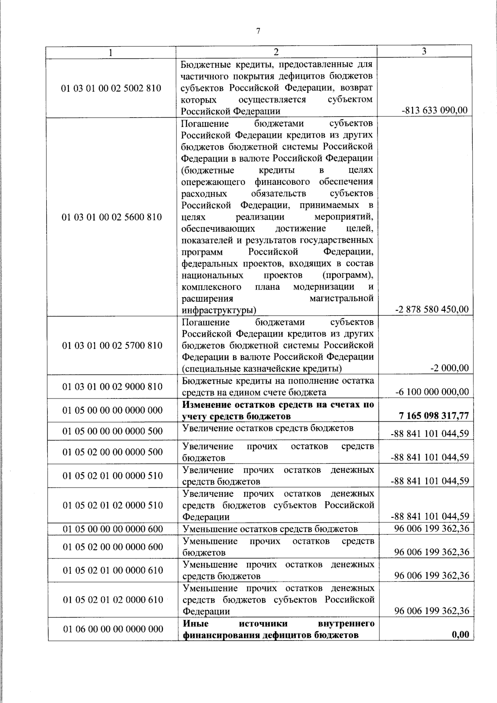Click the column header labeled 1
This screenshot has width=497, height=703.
point(110,52)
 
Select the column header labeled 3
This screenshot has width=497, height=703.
point(424,51)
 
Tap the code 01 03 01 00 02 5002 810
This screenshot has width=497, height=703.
point(111,88)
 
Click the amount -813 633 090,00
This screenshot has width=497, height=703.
point(434,111)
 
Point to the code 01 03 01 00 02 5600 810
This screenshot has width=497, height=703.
point(111,217)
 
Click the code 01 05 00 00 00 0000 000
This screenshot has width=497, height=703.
point(113,411)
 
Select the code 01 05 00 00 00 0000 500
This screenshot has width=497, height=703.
point(113,431)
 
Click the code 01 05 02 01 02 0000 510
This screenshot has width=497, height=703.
point(113,505)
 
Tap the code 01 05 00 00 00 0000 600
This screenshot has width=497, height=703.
point(113,529)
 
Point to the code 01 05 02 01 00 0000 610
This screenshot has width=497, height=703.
point(113,570)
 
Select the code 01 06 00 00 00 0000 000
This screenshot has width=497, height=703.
point(113,629)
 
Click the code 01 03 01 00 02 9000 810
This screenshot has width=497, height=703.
point(112,387)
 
